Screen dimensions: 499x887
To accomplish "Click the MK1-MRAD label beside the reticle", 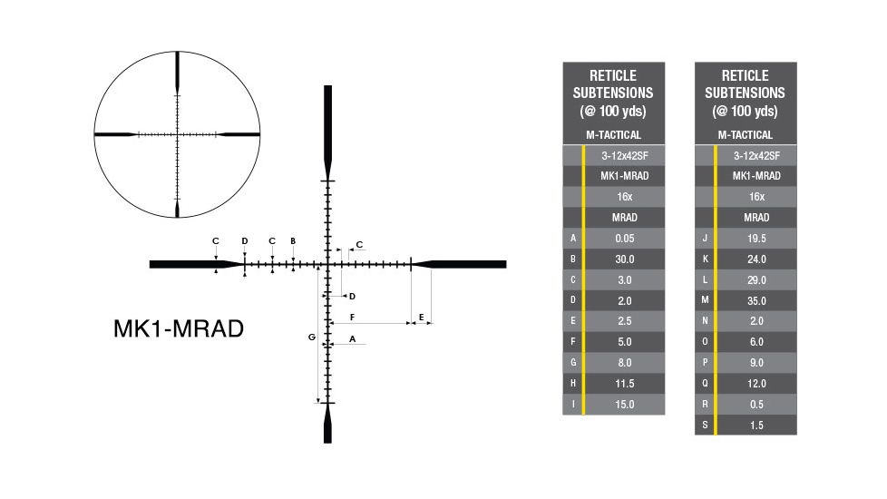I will click(x=179, y=328).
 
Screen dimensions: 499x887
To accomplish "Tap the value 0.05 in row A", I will click(x=624, y=239).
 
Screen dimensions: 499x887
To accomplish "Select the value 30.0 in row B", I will click(x=624, y=259).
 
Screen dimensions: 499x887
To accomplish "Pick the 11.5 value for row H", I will click(x=624, y=384).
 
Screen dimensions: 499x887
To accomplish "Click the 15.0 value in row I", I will click(x=624, y=405).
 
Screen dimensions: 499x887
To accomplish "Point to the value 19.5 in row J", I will click(x=756, y=239).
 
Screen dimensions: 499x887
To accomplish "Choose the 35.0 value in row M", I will click(x=756, y=300).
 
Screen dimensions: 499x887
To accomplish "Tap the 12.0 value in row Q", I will click(x=756, y=384).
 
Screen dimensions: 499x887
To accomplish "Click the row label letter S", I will click(x=705, y=425).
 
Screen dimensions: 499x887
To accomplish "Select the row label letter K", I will click(x=705, y=259).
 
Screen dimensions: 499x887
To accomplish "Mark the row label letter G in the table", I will click(x=572, y=363).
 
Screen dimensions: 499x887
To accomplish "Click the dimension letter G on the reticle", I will click(x=311, y=337).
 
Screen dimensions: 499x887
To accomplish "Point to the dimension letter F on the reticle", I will click(x=351, y=317).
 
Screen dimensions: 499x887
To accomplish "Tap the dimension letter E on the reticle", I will click(x=422, y=317).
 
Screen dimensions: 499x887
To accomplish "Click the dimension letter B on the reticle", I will click(x=293, y=241).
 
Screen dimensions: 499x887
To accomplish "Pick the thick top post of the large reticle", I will click(x=327, y=127).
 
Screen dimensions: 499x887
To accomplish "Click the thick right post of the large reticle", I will click(x=467, y=264).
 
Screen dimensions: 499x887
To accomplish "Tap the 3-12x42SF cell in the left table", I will click(x=624, y=155).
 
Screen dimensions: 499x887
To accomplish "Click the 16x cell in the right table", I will click(x=756, y=197).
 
